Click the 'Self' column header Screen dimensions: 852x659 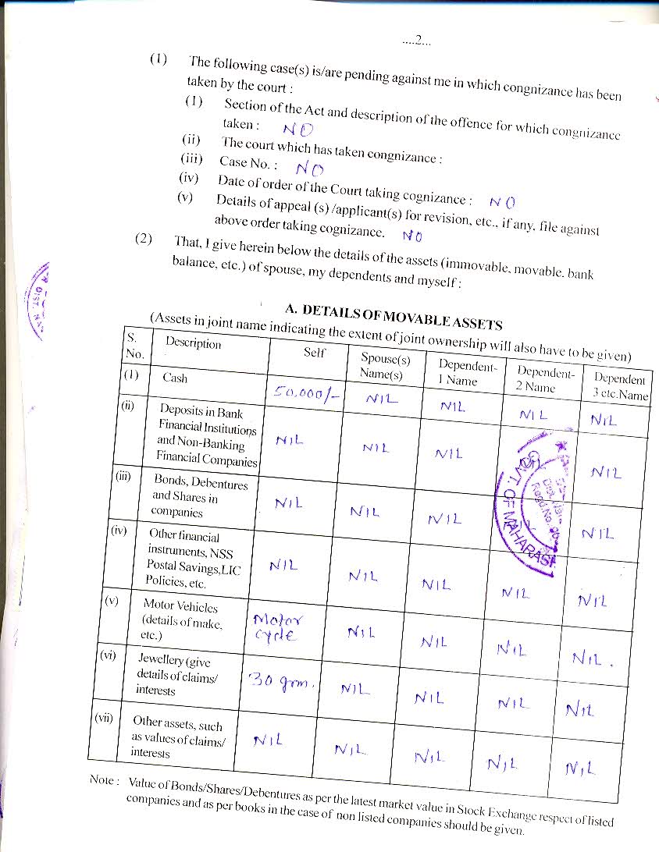point(315,353)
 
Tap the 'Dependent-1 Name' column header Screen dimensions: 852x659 point(466,373)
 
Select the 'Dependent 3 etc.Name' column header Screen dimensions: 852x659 point(620,387)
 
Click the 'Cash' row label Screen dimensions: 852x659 point(175,378)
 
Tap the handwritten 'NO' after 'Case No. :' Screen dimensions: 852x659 point(310,168)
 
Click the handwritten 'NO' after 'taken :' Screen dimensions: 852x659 point(298,130)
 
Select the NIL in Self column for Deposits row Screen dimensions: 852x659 point(289,441)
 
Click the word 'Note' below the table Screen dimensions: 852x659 point(104,780)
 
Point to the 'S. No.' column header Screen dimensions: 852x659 point(134,345)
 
